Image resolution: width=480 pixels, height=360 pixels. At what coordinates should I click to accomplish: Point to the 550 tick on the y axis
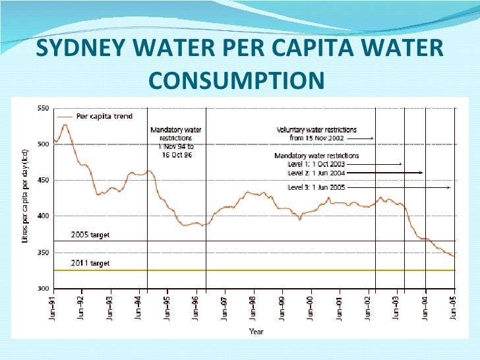pyautogui.click(x=44, y=107)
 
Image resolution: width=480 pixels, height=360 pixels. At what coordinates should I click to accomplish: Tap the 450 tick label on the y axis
pyautogui.click(x=44, y=180)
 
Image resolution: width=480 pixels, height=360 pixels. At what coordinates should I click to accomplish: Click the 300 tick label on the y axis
pyautogui.click(x=44, y=289)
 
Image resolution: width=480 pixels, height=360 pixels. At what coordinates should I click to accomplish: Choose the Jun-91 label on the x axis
pyautogui.click(x=53, y=305)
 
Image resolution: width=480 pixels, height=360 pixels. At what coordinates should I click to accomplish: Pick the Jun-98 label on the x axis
pyautogui.click(x=254, y=305)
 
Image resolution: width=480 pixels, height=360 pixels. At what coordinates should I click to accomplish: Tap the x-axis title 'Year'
pyautogui.click(x=256, y=332)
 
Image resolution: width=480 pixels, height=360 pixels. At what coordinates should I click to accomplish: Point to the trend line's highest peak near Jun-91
pyautogui.click(x=65, y=124)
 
